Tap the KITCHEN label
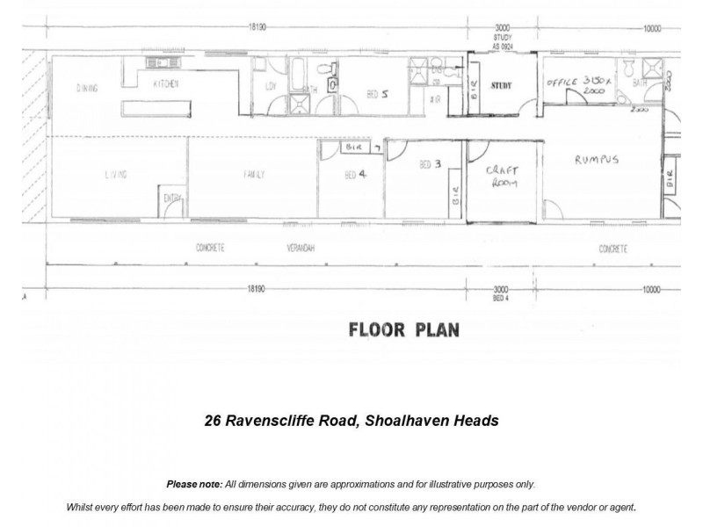[166, 83]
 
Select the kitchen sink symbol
[159, 63]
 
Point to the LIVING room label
[116, 175]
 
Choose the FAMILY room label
[255, 175]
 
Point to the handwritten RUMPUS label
[598, 161]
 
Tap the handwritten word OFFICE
[562, 82]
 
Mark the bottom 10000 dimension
[650, 288]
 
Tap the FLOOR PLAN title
[403, 330]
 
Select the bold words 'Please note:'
[193, 484]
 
